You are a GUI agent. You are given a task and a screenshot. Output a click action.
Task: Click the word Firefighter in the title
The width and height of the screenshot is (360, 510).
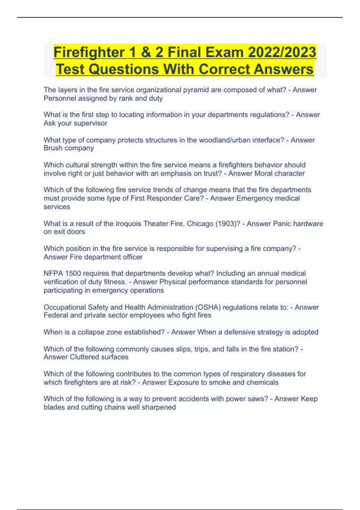point(89,52)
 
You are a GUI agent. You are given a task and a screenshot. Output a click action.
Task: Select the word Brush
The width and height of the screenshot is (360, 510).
point(53,148)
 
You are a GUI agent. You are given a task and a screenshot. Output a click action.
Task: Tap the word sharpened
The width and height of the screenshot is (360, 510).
point(158,407)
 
